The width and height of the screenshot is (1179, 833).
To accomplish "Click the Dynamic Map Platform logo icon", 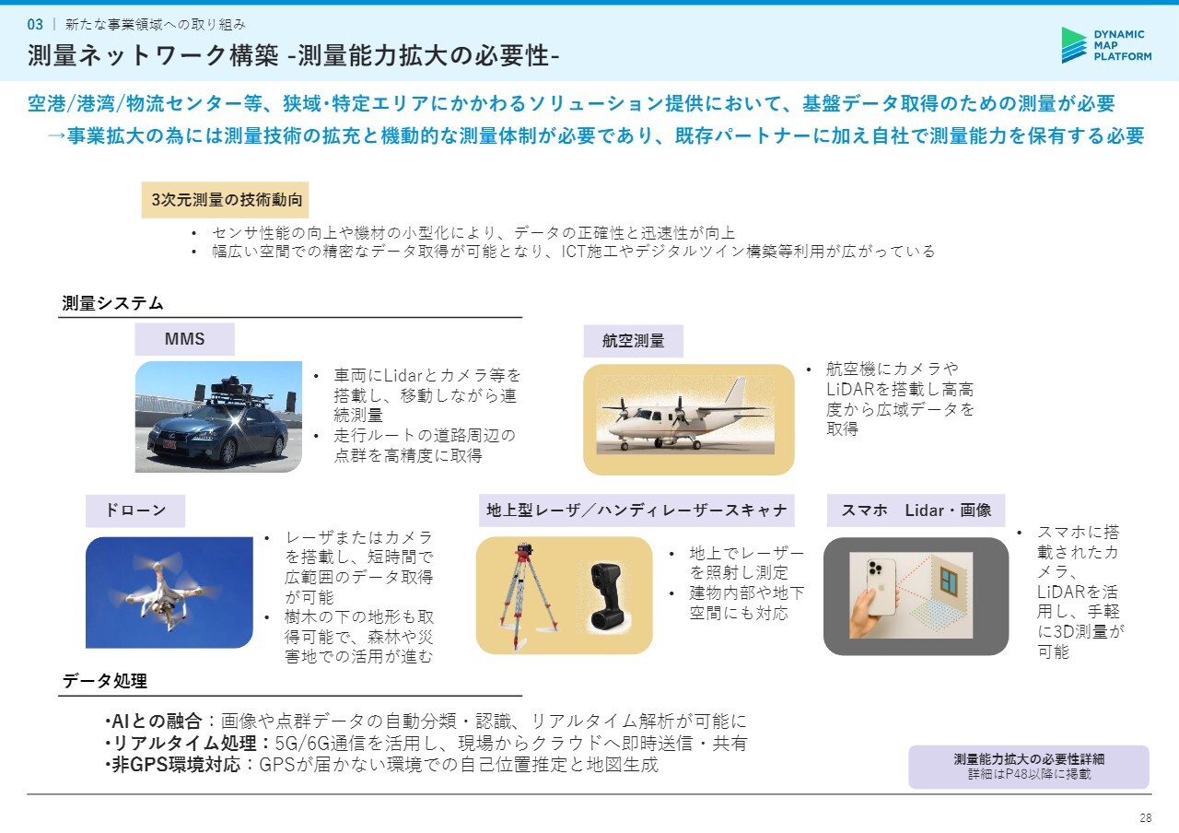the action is click(x=1074, y=45).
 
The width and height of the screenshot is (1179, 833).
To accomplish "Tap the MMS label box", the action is click(x=185, y=339).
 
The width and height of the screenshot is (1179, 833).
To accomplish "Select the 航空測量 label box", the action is click(x=633, y=341).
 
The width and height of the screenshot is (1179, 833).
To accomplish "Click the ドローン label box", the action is click(x=135, y=510).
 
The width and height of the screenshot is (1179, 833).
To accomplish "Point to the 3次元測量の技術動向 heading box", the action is click(x=225, y=200).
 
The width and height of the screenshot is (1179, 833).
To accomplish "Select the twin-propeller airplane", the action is click(x=684, y=418).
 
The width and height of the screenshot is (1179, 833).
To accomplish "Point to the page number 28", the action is click(x=1146, y=817).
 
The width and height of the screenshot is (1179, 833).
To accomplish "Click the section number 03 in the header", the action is click(x=35, y=25).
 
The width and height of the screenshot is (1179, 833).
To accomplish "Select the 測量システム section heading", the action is click(x=112, y=303).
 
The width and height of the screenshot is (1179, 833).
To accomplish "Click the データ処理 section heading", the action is click(x=105, y=681).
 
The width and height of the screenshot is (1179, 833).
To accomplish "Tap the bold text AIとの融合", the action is click(x=157, y=721).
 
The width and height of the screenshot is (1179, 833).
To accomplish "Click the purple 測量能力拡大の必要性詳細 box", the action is click(x=1029, y=767).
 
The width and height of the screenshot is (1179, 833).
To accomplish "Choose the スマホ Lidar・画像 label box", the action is click(x=916, y=510).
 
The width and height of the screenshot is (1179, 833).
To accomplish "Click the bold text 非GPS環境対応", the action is click(x=176, y=765).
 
